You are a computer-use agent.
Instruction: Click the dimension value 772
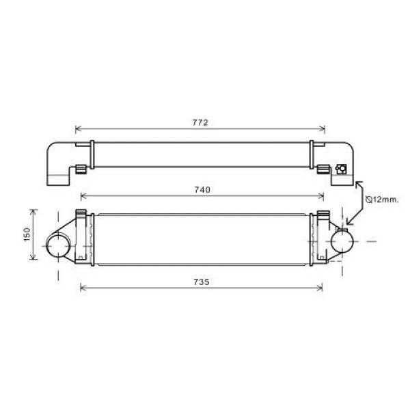point(200,122)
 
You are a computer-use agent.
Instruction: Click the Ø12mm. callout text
point(381,200)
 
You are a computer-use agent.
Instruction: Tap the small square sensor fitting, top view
point(340,168)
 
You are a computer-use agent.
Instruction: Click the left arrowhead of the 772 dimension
point(77,128)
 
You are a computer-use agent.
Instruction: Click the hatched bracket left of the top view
point(80,169)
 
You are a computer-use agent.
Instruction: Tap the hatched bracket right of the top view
point(322,168)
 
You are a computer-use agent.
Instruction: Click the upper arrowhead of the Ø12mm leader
point(357,183)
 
